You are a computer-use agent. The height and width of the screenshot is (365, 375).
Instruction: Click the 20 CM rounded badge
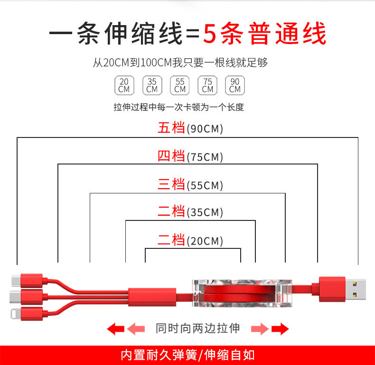coord(124,85)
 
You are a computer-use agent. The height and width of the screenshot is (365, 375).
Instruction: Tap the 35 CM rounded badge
coord(152,85)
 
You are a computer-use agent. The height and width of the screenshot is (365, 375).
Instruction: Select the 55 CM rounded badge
coord(180,85)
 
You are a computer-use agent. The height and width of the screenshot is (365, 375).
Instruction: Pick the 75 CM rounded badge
coord(207,85)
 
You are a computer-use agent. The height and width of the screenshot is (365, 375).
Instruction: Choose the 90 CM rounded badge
coord(235,85)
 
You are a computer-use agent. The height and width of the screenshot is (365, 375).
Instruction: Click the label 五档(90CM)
coord(190,128)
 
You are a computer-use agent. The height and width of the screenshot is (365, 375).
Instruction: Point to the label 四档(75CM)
coord(190,156)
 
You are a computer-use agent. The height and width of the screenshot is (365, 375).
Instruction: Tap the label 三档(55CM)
coord(190,185)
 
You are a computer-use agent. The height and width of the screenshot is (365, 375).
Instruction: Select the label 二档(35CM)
coord(190,212)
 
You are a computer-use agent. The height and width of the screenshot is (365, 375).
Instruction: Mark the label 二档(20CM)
coord(190,240)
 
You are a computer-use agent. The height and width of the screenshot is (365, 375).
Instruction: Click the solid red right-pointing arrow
coord(280,328)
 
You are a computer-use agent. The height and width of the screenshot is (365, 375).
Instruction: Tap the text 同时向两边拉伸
coord(197,328)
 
